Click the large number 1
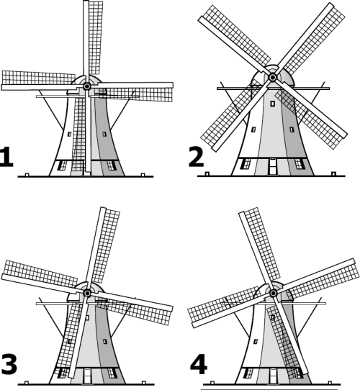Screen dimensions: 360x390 click(6, 157)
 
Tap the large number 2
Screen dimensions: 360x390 click(196, 157)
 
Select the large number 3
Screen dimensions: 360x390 click(9, 364)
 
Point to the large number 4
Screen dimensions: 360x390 click(199, 364)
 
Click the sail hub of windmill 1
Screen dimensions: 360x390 click(87, 86)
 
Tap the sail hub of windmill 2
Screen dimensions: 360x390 click(273, 78)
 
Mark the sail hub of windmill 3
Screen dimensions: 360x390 click(87, 294)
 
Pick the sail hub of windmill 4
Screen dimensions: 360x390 click(274, 294)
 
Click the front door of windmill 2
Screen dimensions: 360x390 click(273, 166)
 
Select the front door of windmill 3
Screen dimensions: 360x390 click(87, 376)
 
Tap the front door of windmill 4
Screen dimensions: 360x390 click(273, 376)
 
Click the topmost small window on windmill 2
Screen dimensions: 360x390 click(273, 104)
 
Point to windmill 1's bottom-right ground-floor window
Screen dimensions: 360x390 click(112, 165)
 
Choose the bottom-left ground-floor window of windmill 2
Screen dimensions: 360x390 click(246, 163)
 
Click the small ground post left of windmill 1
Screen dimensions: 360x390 click(27, 175)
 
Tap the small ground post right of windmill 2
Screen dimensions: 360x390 click(334, 173)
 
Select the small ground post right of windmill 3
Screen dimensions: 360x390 click(143, 383)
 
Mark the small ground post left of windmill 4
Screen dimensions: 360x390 click(212, 383)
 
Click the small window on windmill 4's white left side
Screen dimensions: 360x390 click(256, 341)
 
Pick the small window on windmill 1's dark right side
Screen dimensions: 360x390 click(104, 134)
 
